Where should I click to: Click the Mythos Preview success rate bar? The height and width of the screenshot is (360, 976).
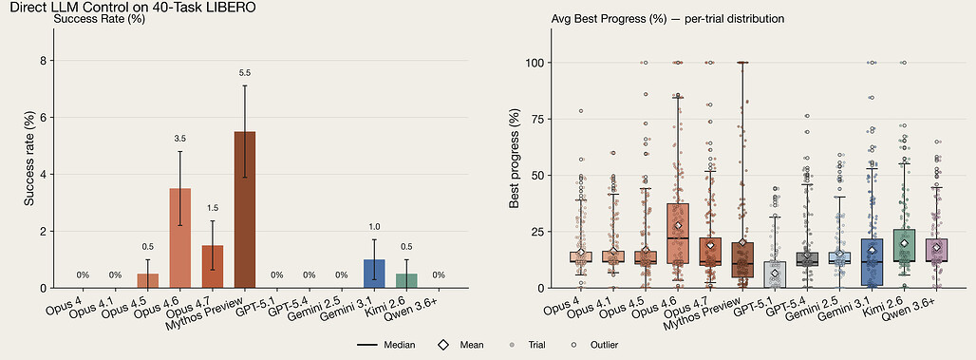tap(245, 210)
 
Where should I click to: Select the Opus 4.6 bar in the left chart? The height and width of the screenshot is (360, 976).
tap(179, 237)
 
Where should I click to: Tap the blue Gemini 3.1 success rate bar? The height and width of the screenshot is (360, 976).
tap(374, 275)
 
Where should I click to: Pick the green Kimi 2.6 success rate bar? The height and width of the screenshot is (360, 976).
tap(406, 281)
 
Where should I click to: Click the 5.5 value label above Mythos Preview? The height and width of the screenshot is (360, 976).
tap(245, 73)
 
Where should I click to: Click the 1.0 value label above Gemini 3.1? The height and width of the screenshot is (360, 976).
tap(374, 228)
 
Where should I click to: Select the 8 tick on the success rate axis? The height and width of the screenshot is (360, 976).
tap(43, 61)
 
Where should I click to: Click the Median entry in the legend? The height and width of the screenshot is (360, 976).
tap(387, 345)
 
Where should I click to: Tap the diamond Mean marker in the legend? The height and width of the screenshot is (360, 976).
tap(443, 345)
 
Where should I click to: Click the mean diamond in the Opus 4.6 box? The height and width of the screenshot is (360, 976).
tap(678, 225)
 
